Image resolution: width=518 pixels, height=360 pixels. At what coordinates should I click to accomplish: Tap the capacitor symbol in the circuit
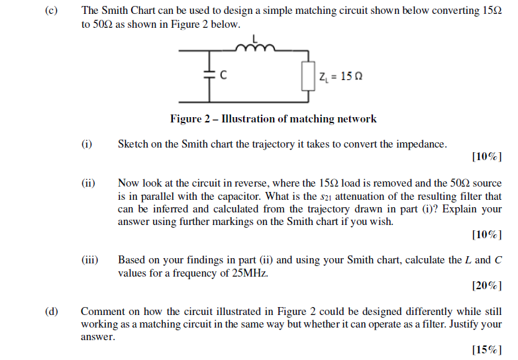click(209, 75)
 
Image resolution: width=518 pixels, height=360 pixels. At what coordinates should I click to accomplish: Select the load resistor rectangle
click(307, 76)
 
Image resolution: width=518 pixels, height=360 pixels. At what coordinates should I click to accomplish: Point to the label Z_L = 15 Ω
click(340, 76)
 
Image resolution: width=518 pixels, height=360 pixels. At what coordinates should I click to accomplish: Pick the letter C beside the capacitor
click(224, 75)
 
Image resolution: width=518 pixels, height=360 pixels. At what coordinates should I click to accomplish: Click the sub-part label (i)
click(87, 144)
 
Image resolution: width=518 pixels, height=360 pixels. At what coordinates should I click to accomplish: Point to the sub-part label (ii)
click(89, 183)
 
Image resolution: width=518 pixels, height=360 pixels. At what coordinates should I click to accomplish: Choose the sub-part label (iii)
click(90, 260)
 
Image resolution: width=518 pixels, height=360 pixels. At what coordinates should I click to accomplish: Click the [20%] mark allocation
click(487, 286)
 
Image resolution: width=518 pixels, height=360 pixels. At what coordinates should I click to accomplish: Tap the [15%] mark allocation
click(487, 350)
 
